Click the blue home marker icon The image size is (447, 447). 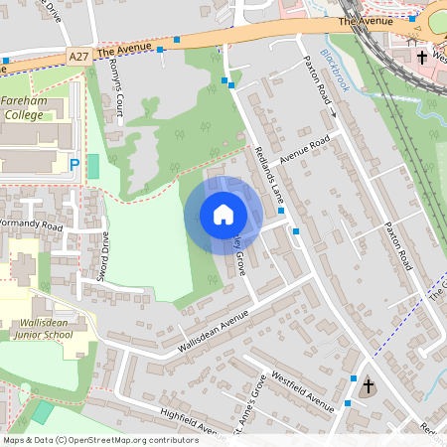tap(223, 215)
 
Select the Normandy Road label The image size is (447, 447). tap(30, 226)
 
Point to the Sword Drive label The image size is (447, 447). tap(104, 256)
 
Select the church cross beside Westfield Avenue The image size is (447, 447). tap(369, 384)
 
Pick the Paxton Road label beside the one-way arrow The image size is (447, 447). tap(315, 88)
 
